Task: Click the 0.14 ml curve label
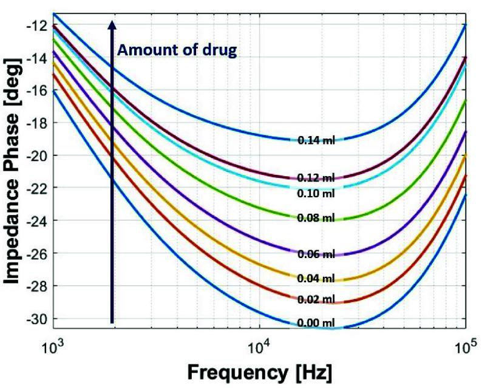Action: click(316, 140)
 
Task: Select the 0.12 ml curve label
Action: click(316, 178)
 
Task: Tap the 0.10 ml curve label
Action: click(316, 193)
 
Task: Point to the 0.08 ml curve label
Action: click(316, 217)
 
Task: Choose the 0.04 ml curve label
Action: click(316, 279)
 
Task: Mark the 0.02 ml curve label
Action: click(316, 300)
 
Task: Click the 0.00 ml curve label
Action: click(316, 323)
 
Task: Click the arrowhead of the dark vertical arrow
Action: click(112, 24)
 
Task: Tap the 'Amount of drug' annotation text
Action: click(176, 51)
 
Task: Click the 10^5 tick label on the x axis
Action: click(464, 348)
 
